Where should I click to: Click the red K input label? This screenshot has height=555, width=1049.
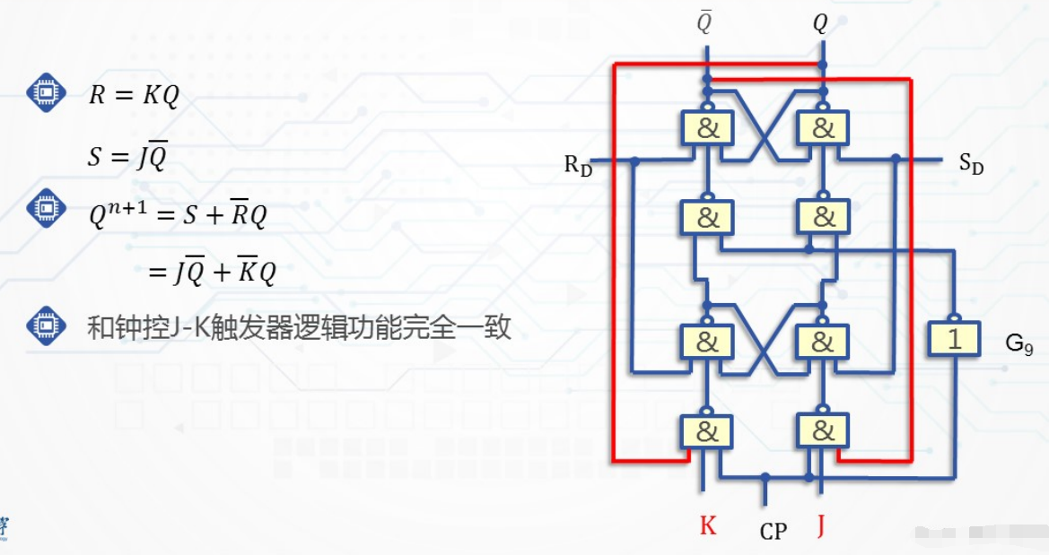click(x=708, y=525)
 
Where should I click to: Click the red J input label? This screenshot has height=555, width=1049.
click(x=820, y=525)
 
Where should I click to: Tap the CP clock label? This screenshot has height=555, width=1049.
click(x=773, y=532)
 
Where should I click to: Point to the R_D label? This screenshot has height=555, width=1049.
click(x=578, y=166)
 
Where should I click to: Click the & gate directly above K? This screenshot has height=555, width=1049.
click(x=707, y=432)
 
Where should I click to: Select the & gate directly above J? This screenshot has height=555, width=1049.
click(x=822, y=432)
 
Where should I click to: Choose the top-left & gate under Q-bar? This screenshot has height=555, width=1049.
click(x=707, y=128)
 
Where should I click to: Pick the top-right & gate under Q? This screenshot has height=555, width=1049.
click(x=822, y=128)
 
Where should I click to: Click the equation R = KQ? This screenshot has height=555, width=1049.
click(x=134, y=96)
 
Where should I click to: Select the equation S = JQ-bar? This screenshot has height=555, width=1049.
click(x=127, y=157)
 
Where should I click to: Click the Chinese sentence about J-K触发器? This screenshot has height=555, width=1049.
click(x=299, y=327)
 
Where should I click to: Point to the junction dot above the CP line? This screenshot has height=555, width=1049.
click(x=765, y=477)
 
